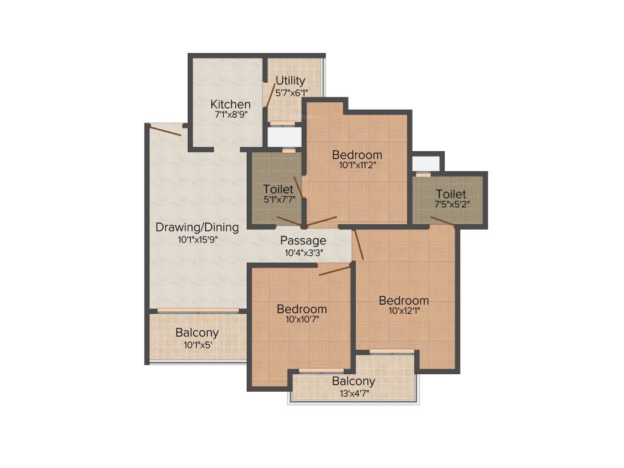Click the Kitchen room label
point(230,104)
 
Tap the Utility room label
point(291,80)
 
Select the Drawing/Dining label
point(197,227)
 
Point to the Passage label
point(303,240)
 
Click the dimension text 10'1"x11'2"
point(357,165)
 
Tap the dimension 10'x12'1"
point(404,311)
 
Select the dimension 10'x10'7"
point(302,319)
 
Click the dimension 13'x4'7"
point(354,394)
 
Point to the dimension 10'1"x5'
point(197,345)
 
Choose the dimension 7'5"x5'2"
point(452,205)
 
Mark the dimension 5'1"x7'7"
point(279,199)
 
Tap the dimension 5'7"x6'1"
point(291,93)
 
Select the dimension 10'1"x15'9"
point(197,239)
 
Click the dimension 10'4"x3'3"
point(303,253)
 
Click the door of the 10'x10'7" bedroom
point(335,269)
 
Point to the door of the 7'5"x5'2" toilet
point(443,222)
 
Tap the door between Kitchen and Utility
point(271,96)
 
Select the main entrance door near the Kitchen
point(166,130)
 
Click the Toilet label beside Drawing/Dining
point(278,189)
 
